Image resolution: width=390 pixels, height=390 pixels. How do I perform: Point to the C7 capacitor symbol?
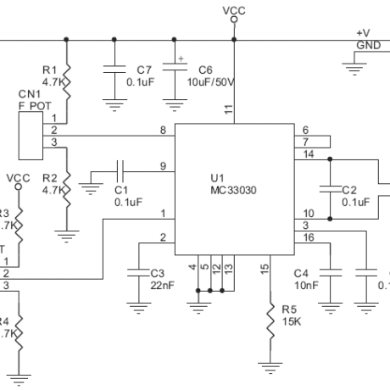tap(114, 74)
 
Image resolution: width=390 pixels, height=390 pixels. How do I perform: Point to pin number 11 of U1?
tap(227, 109)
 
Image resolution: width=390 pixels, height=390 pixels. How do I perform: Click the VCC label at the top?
tap(233, 9)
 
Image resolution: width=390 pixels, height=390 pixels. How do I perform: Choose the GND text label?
tap(368, 44)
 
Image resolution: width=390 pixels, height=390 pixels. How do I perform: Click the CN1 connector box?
tap(31, 136)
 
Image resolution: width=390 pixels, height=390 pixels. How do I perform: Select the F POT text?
tap(30, 106)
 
